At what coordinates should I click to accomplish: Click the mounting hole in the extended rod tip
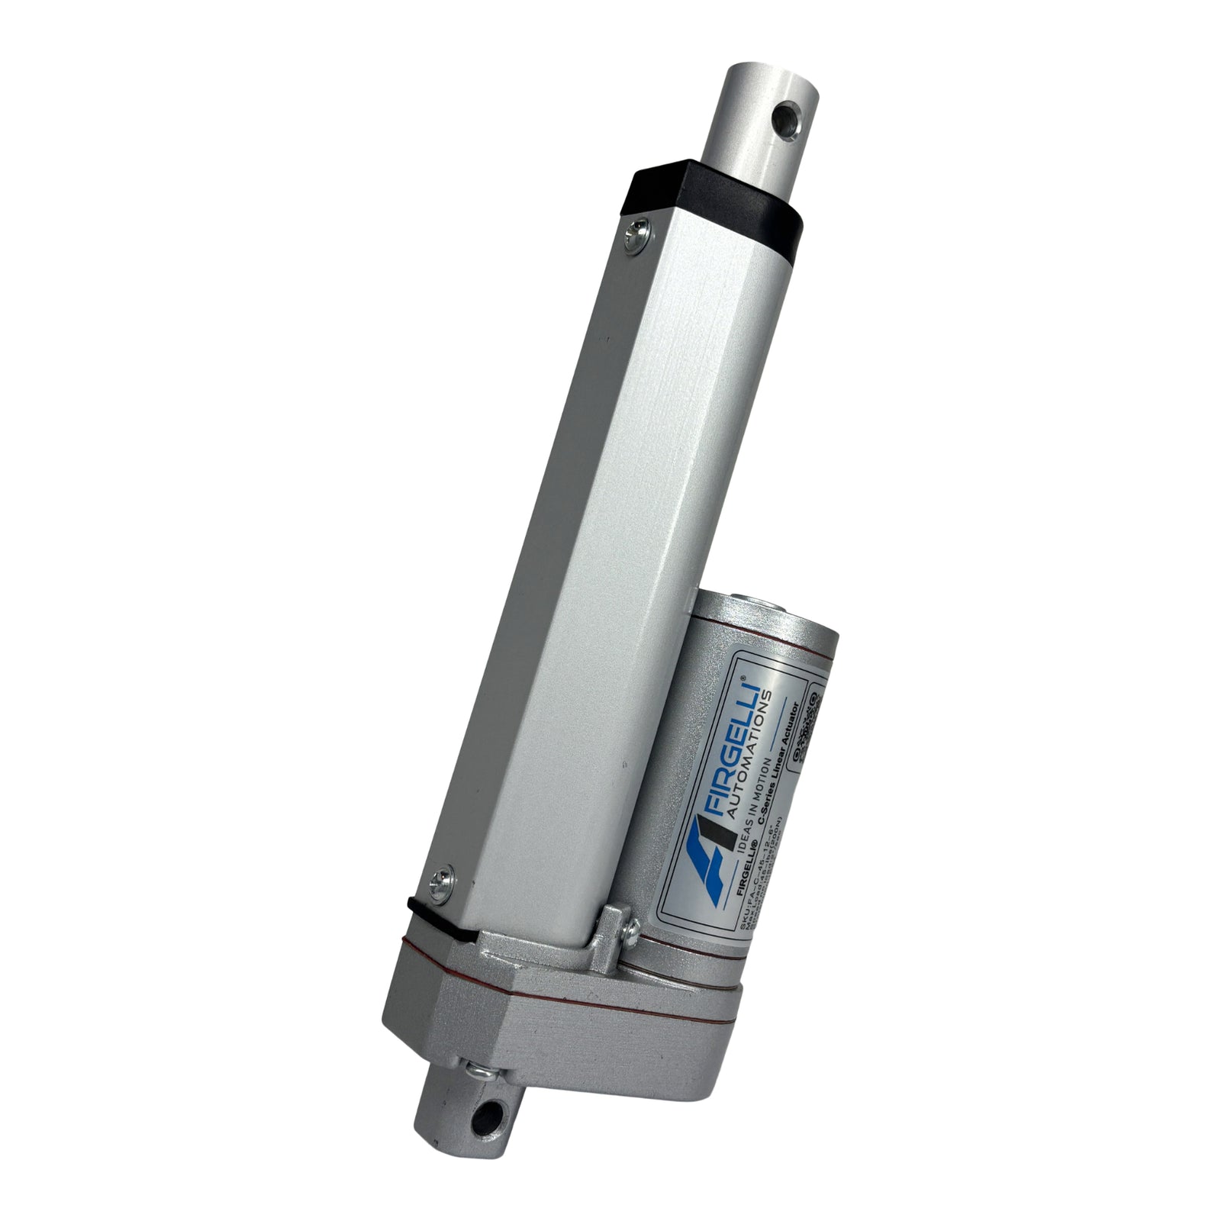785,121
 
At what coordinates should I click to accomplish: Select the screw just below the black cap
636,232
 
